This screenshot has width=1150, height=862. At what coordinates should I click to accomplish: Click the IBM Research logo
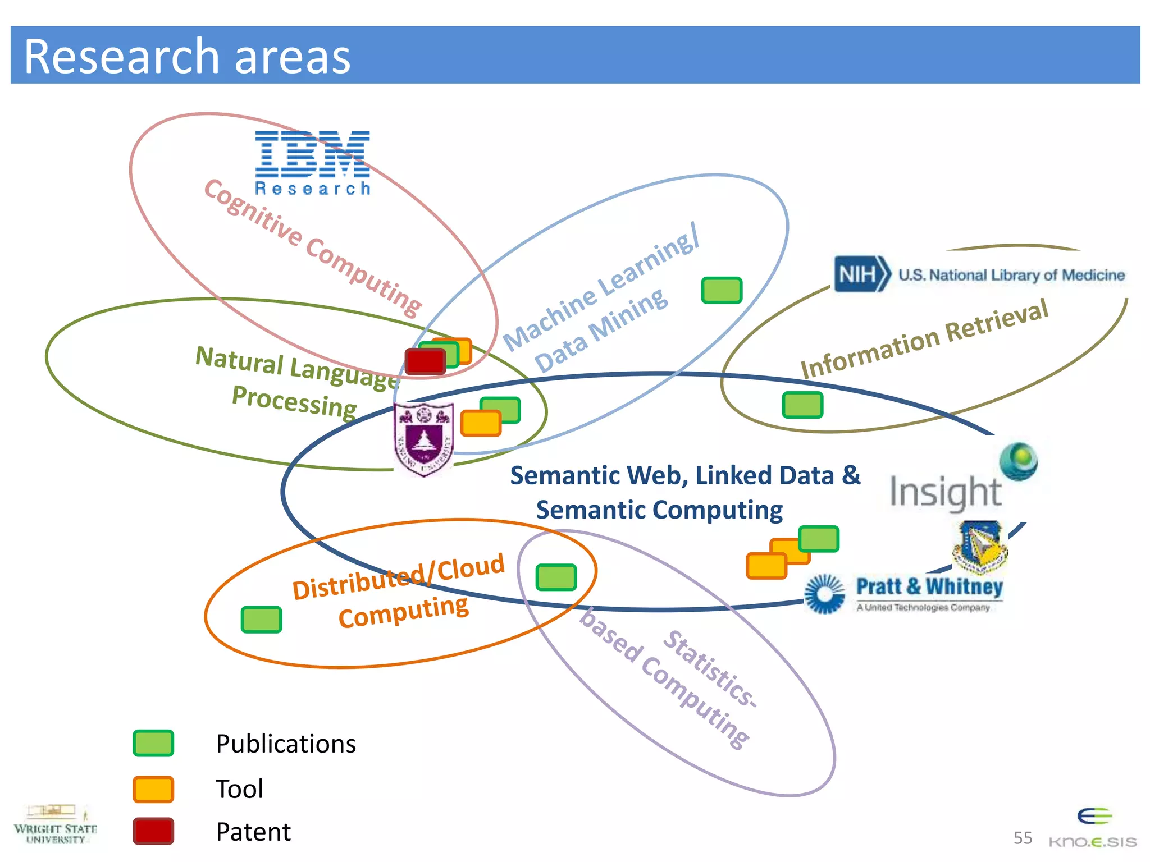click(313, 163)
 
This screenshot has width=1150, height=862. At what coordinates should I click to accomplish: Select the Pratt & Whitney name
click(929, 586)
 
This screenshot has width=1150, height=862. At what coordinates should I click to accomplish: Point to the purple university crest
click(424, 439)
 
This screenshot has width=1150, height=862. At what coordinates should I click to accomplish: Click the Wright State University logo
click(55, 825)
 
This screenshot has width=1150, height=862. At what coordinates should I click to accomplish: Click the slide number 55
click(1023, 838)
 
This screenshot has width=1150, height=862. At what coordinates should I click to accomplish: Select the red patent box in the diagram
click(425, 361)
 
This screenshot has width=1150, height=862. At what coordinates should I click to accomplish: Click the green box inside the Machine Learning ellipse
click(722, 290)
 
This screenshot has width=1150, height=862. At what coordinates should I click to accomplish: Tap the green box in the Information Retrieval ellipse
click(802, 405)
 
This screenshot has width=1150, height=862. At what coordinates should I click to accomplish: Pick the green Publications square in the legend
click(153, 743)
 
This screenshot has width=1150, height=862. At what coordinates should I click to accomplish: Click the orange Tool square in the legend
click(153, 789)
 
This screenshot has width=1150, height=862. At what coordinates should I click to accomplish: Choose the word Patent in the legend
click(253, 832)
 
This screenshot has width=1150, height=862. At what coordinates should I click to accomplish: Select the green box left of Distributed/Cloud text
click(261, 620)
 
